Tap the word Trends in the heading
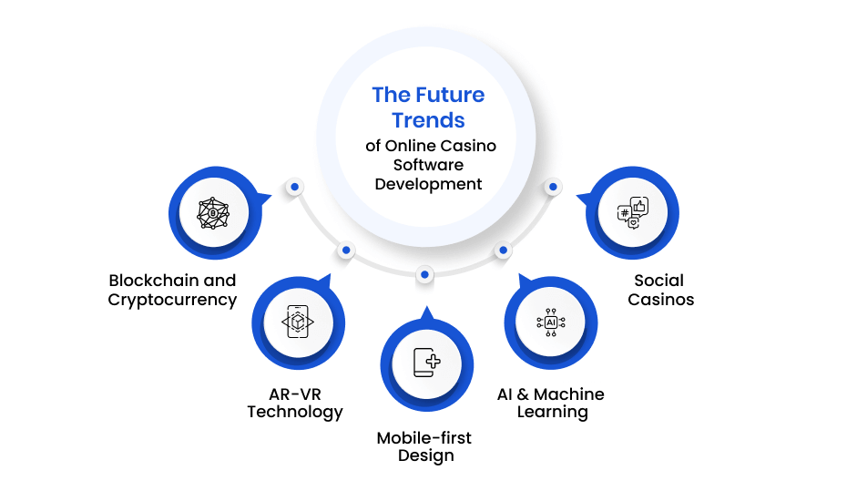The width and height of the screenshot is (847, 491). pos(428,120)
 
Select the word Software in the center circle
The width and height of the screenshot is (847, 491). pos(428,165)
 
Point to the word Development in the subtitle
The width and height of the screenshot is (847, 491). pos(428,184)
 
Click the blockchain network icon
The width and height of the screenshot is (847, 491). pos(213,213)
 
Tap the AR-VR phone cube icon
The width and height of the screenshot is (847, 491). pos(298,322)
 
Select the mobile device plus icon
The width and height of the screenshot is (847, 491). pos(427,363)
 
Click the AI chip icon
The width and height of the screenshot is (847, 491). pos(551,322)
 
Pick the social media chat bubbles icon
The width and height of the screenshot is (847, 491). pos(633,213)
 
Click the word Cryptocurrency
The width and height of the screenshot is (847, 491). pos(172,300)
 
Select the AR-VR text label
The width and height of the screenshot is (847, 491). pos(295,394)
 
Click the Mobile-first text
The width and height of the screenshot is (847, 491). pos(424,437)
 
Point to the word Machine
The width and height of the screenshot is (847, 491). pos(569,394)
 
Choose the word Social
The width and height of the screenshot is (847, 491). pos(659,281)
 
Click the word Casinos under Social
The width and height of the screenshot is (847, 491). pos(660,299)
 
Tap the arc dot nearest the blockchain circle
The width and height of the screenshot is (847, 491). pos(294,187)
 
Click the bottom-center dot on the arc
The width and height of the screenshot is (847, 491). pos(425,275)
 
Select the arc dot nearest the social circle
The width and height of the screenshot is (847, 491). pos(553,187)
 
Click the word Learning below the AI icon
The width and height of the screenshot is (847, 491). pos(552,412)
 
